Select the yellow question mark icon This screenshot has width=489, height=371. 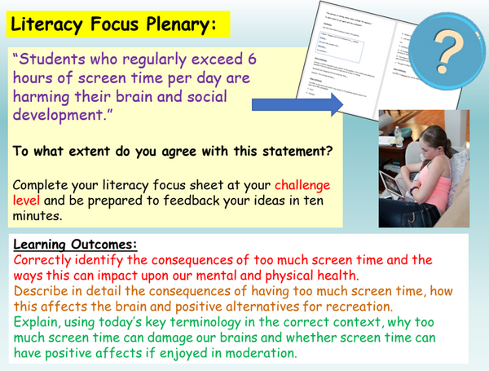pyautogui.click(x=447, y=51)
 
